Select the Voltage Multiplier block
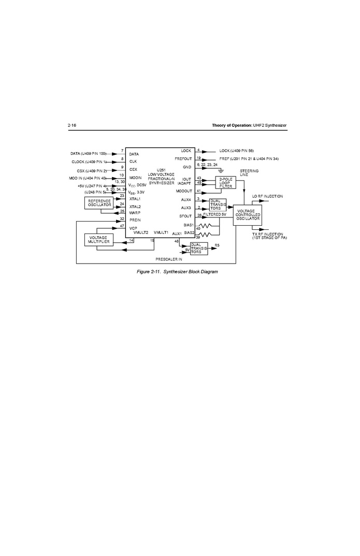coord(98,240)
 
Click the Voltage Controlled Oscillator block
coord(247,215)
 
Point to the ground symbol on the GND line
coord(221,170)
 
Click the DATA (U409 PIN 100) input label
coord(89,154)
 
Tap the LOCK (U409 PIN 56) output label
coord(236,151)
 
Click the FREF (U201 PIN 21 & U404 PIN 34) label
coord(249,158)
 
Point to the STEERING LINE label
coord(249,172)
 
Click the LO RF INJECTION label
coord(267,197)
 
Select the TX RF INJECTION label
coord(269,236)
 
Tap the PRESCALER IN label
coord(169,259)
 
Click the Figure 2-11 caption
coord(177,272)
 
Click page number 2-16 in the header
coord(72,126)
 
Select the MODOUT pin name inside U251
coord(183,191)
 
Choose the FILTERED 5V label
coord(214,214)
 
